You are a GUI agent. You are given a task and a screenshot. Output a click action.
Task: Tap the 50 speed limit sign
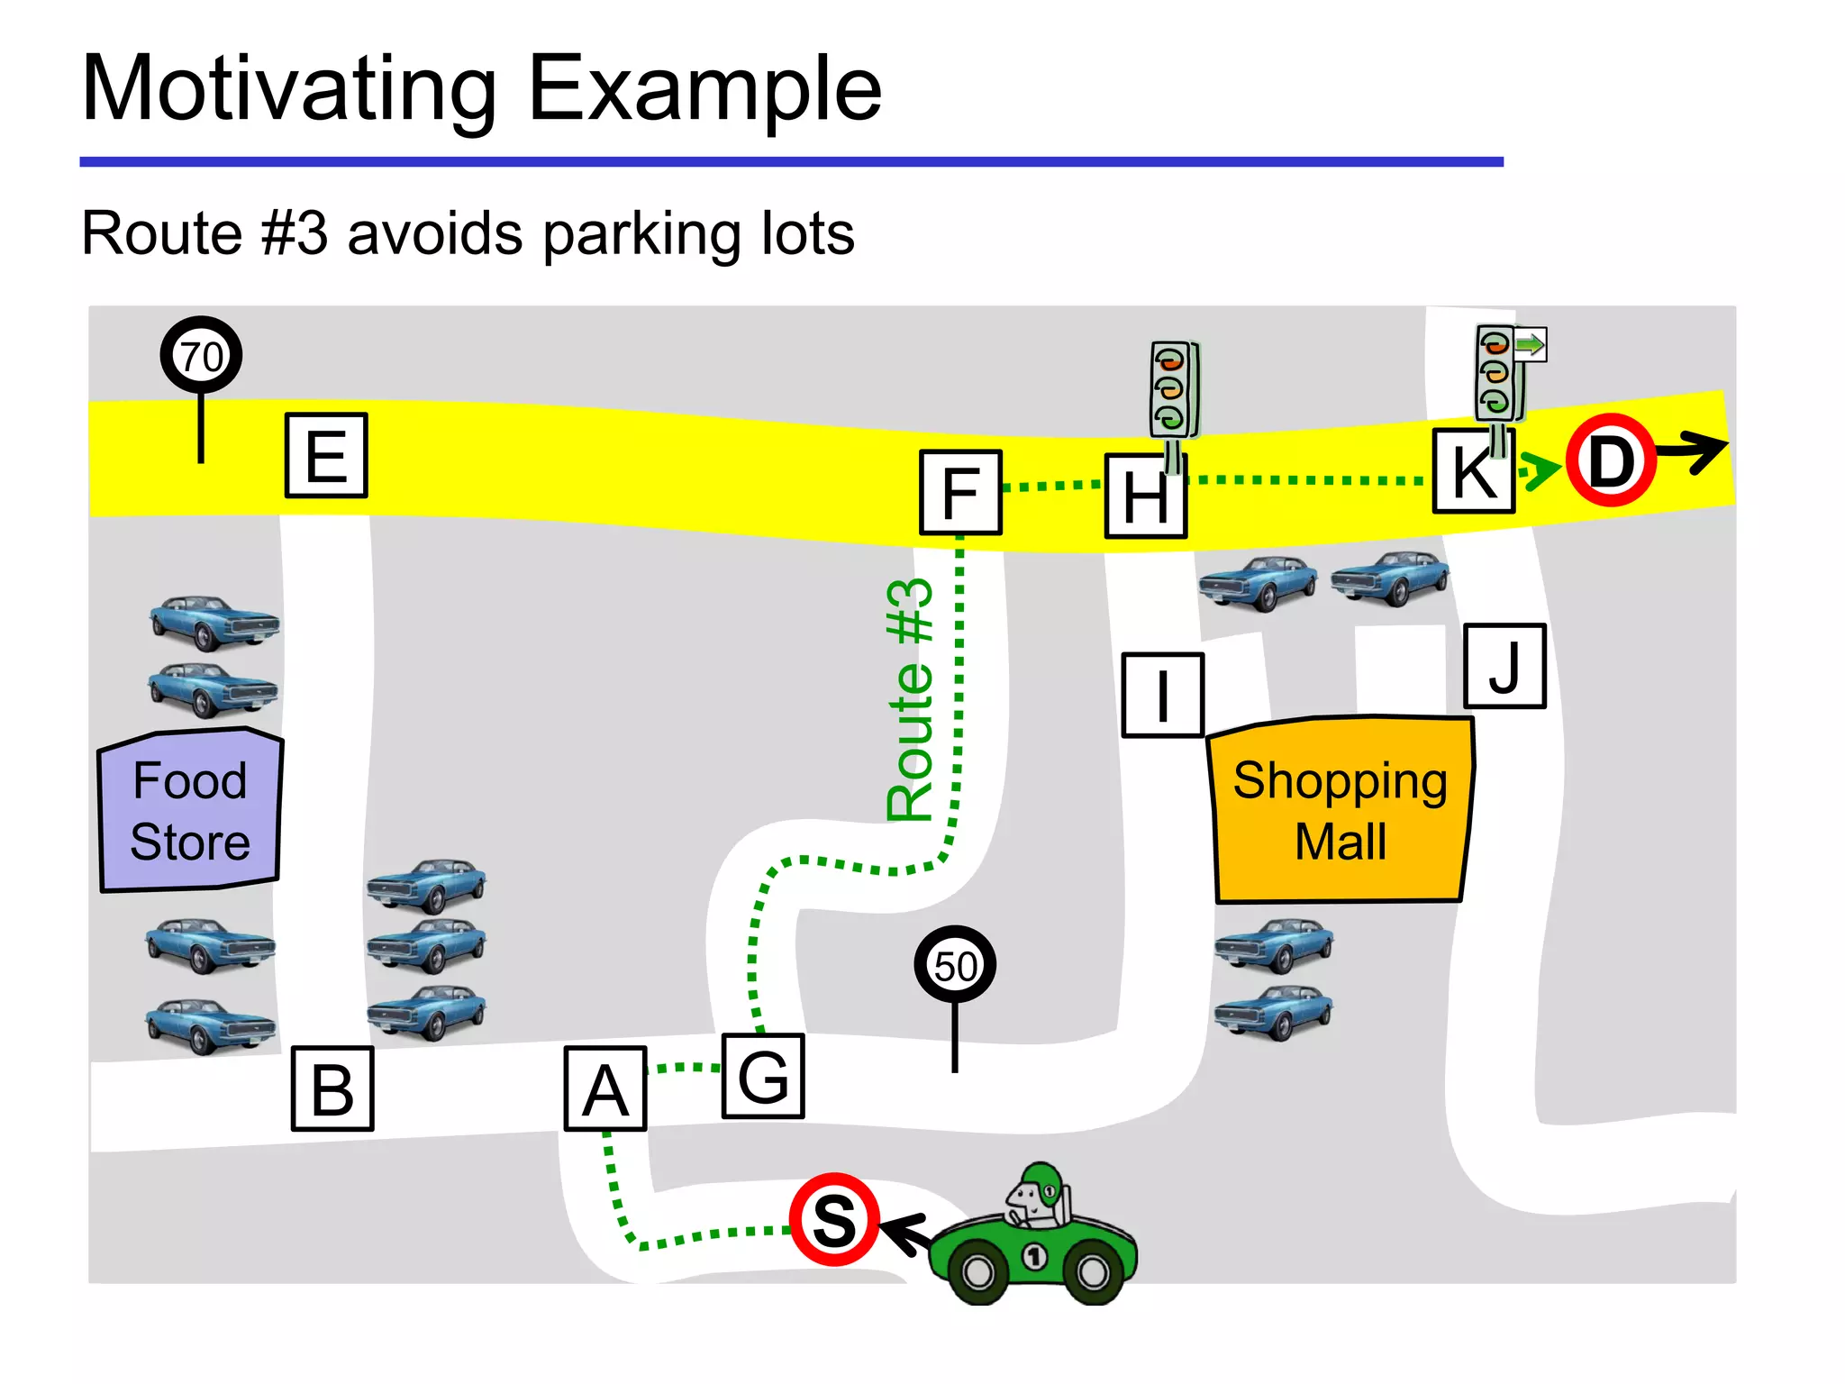(x=955, y=965)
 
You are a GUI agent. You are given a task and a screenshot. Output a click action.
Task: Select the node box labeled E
(x=326, y=456)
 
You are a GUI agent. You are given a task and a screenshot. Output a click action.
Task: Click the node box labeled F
(x=960, y=493)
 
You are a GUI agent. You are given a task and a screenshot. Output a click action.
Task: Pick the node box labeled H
(x=1145, y=496)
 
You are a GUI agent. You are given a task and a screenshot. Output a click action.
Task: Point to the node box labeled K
(x=1474, y=471)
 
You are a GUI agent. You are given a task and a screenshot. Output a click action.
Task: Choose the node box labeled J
(x=1504, y=666)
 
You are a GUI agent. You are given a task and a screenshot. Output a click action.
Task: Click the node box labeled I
(x=1162, y=696)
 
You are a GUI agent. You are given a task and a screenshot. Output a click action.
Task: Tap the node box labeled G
(x=763, y=1077)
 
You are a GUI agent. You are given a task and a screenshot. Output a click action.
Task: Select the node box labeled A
(x=604, y=1088)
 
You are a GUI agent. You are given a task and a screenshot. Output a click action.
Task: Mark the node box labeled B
(x=332, y=1088)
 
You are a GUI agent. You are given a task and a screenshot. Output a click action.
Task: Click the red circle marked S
(x=834, y=1220)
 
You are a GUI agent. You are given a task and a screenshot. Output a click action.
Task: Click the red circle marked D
(x=1611, y=460)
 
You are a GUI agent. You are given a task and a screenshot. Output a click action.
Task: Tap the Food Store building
(x=190, y=810)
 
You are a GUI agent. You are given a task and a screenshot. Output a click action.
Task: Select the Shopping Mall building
(x=1340, y=810)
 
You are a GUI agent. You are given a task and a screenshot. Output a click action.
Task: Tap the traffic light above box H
(x=1173, y=390)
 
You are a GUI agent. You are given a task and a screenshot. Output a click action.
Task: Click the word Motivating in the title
(x=288, y=89)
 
